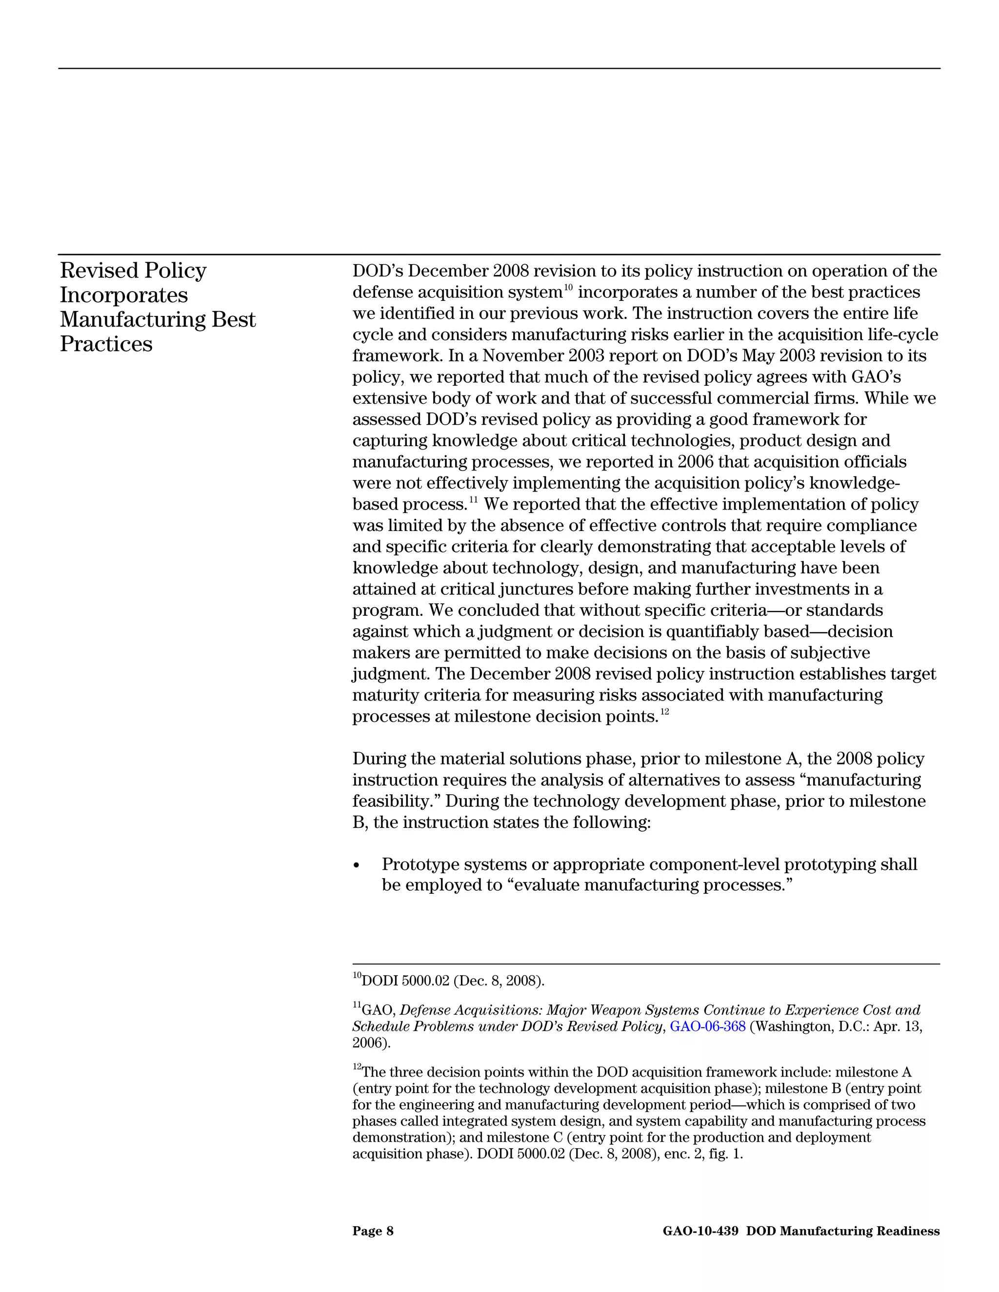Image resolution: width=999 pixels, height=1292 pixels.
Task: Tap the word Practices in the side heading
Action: [x=106, y=344]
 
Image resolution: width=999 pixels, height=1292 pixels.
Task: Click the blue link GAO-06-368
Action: [x=707, y=1026]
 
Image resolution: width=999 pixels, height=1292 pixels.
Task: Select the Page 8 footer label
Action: [x=372, y=1231]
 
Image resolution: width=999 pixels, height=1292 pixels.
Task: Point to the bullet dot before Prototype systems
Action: [x=356, y=865]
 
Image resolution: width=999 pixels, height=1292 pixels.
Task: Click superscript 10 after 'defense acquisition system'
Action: [x=568, y=288]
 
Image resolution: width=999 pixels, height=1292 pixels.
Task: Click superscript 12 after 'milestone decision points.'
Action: [x=665, y=712]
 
